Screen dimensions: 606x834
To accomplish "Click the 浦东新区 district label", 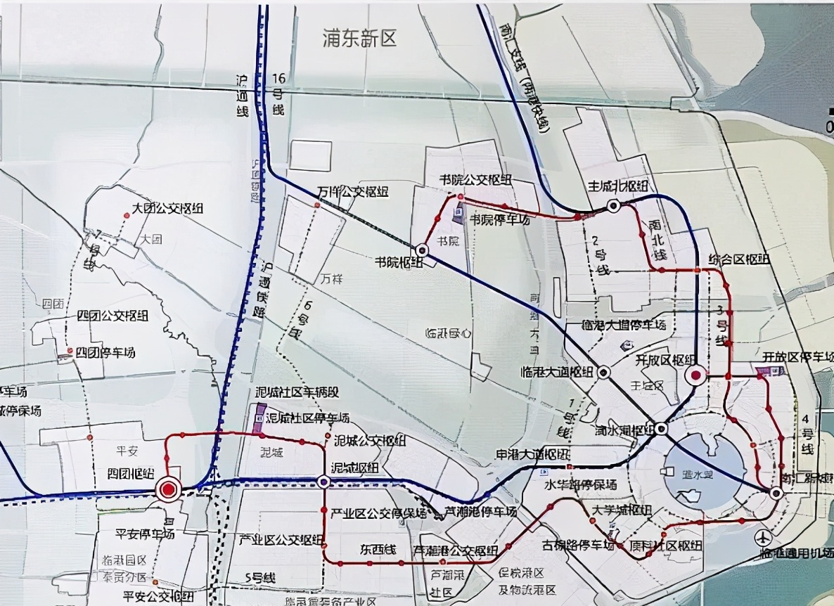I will tap(359, 39).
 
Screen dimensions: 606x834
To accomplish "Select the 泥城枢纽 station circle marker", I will tap(323, 482).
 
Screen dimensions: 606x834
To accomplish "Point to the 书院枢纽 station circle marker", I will tap(422, 250).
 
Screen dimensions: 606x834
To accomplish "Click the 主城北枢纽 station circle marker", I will tap(614, 206).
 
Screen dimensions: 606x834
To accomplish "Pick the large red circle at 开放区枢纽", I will tap(695, 376).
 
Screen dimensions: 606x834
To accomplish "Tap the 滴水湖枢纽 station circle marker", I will tap(662, 428).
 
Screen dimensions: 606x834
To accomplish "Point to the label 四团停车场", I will tap(105, 353).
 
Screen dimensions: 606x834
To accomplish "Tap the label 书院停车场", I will tap(499, 219).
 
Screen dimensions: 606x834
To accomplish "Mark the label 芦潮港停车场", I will tap(481, 512).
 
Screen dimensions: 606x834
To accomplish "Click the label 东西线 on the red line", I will tap(378, 550).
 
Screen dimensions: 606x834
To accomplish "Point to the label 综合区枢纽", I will tap(740, 259).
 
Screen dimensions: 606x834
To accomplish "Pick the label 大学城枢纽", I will tap(619, 510).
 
